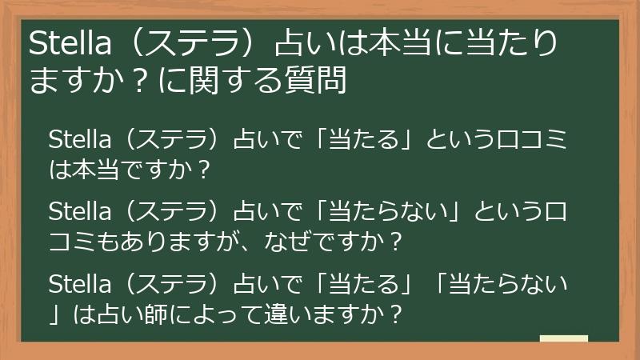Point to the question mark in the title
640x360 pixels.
pyautogui.click(x=149, y=82)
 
